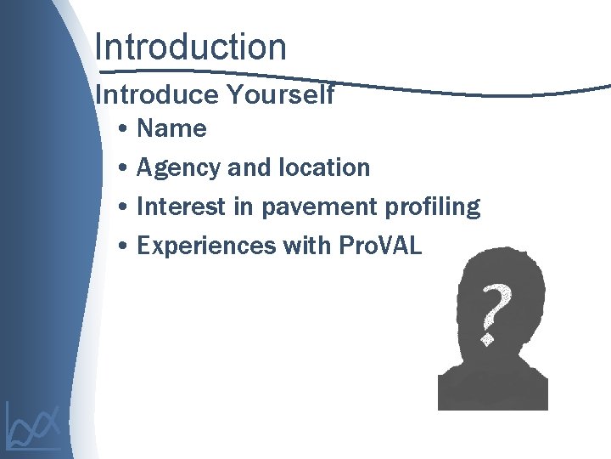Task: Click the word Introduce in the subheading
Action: (157, 95)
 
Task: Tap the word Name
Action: (171, 129)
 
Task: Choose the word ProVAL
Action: (379, 246)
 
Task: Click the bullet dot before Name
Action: (124, 130)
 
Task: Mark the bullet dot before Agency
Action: (124, 168)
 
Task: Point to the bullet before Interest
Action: (124, 207)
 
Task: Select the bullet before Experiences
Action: (124, 246)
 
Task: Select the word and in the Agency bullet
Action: (249, 167)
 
